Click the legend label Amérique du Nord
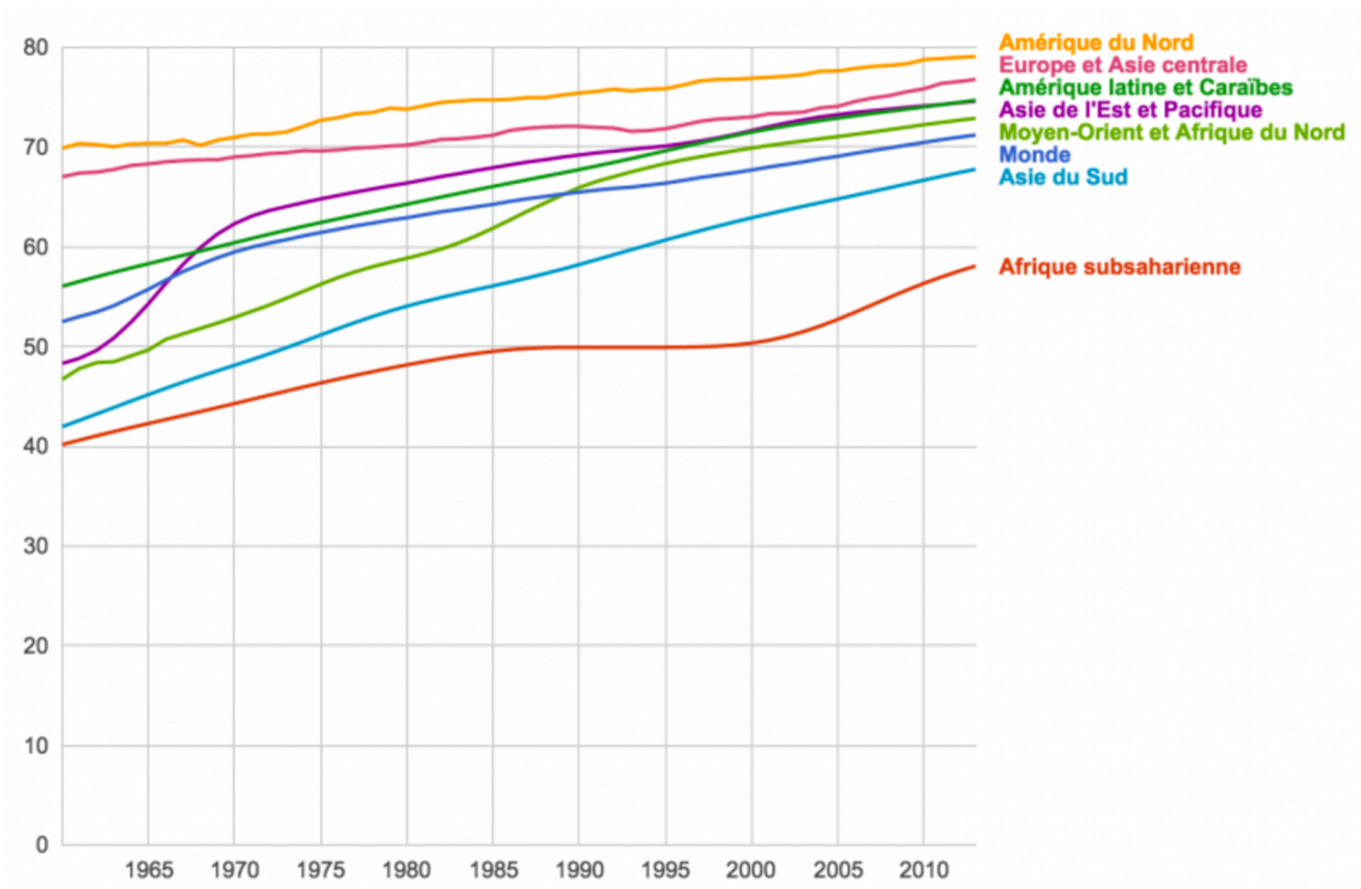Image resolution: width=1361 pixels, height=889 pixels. (1096, 43)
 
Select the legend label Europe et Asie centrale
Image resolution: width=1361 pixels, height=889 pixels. (1123, 65)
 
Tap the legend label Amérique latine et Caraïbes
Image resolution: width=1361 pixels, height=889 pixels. (1146, 87)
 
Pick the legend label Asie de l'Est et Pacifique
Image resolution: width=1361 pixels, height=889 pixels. (1130, 110)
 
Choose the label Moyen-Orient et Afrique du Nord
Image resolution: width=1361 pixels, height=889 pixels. (1172, 132)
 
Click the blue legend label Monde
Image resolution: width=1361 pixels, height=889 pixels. (1034, 154)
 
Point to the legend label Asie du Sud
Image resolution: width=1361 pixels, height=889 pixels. (1063, 177)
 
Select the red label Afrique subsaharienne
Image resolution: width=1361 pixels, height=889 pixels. (1120, 267)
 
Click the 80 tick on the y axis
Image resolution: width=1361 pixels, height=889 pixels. (35, 48)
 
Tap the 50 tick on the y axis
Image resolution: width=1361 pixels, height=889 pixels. (35, 347)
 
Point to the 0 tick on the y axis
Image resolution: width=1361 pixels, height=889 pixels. (41, 844)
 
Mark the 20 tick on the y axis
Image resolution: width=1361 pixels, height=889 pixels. (35, 646)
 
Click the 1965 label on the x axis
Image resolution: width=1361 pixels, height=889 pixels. (148, 870)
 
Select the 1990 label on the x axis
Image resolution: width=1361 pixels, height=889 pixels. (579, 870)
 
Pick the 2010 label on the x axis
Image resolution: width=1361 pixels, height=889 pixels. (924, 870)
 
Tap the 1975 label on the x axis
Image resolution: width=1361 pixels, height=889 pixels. (320, 870)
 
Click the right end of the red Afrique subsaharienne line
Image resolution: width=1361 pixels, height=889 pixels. (975, 267)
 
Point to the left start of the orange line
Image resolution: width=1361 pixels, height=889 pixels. (64, 148)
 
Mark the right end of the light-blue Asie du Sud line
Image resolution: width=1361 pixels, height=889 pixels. (975, 170)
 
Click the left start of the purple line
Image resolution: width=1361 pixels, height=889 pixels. (64, 363)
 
